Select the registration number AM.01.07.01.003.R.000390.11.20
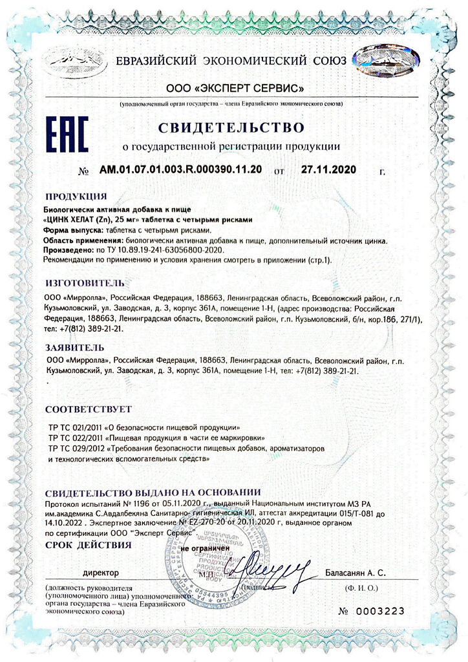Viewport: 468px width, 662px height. pyautogui.click(x=180, y=171)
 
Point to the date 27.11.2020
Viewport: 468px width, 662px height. pyautogui.click(x=328, y=171)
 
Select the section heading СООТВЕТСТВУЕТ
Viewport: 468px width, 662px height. pyautogui.click(x=89, y=409)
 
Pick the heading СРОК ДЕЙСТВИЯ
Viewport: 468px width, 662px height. pyautogui.click(x=88, y=545)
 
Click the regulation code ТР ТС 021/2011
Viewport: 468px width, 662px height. pyautogui.click(x=74, y=428)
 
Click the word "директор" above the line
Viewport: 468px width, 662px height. pyautogui.click(x=101, y=573)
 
